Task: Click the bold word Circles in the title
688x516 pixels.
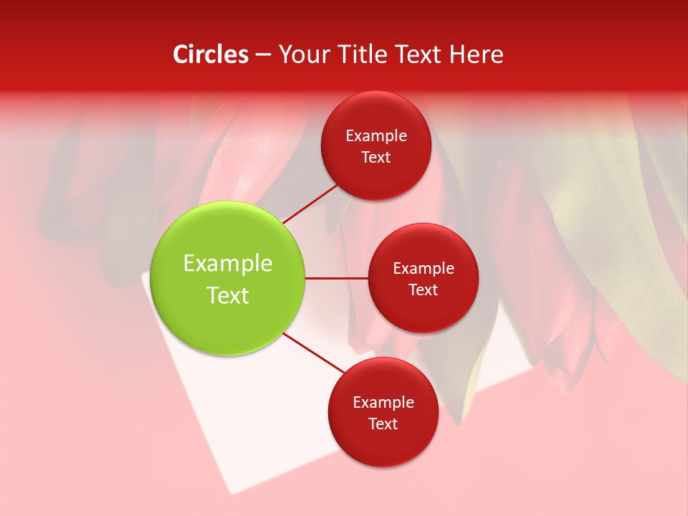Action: pyautogui.click(x=211, y=54)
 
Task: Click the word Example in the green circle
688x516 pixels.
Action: pyautogui.click(x=228, y=264)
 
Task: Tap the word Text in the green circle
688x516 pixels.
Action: pyautogui.click(x=228, y=295)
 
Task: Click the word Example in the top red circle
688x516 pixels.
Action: pyautogui.click(x=376, y=136)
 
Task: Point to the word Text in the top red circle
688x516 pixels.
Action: pyautogui.click(x=376, y=158)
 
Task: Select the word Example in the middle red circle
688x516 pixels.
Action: pyautogui.click(x=424, y=269)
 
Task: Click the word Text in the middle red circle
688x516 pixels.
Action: pyautogui.click(x=424, y=290)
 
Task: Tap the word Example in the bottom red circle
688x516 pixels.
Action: pyautogui.click(x=383, y=403)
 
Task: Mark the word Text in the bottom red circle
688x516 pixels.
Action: pyautogui.click(x=383, y=424)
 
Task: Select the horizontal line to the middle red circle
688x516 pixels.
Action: pyautogui.click(x=337, y=278)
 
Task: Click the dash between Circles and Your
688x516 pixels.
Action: pyautogui.click(x=263, y=55)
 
